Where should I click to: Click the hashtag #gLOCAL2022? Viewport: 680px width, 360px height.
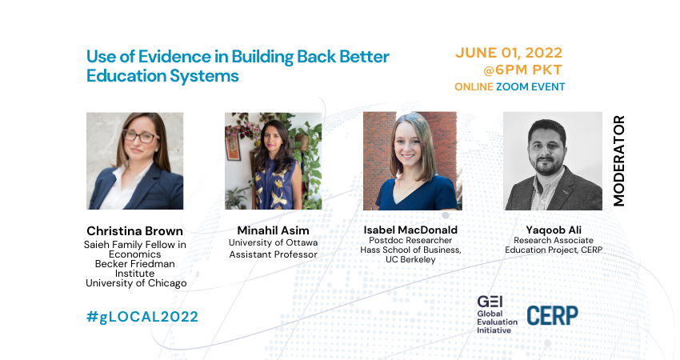click(142, 317)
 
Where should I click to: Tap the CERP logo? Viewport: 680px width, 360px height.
click(553, 315)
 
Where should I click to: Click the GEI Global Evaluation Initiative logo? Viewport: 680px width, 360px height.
click(497, 315)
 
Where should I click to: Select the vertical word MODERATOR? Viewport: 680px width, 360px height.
click(619, 161)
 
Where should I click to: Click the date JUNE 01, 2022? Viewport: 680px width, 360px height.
click(509, 53)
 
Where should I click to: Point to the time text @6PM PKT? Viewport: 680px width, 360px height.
click(522, 70)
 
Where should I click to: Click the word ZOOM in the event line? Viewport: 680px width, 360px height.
click(512, 86)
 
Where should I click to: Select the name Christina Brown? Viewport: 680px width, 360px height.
click(135, 230)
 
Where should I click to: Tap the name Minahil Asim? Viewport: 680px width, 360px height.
click(274, 230)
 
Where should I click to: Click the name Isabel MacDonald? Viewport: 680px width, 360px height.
click(410, 230)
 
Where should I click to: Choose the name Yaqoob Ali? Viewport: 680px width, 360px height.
click(554, 230)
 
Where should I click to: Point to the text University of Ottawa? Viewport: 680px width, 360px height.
click(274, 242)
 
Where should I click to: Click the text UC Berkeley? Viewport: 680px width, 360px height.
click(410, 259)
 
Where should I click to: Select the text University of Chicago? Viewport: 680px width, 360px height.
click(136, 283)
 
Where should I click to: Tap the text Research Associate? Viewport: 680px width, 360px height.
click(554, 240)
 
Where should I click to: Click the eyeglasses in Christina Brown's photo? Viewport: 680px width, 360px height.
click(141, 137)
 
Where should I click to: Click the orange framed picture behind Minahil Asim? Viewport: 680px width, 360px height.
click(233, 146)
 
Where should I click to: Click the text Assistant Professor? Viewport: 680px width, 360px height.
click(274, 254)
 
